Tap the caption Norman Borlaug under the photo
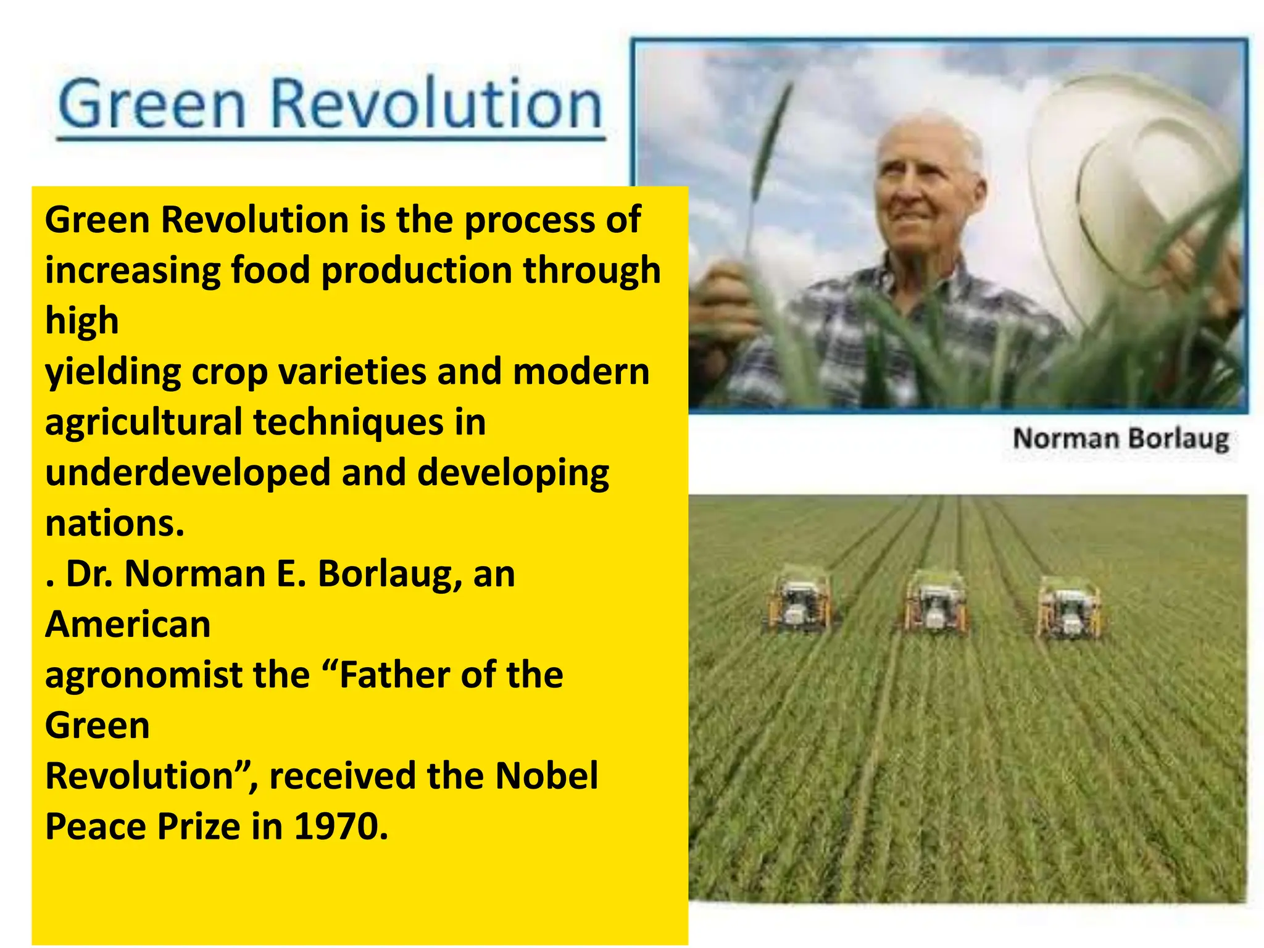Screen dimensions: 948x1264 click(x=1120, y=439)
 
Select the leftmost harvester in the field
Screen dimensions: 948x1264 click(x=799, y=602)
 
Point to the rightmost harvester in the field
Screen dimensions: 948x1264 click(x=1070, y=608)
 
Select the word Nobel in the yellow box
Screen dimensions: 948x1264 click(x=546, y=776)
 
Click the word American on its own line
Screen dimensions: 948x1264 click(x=128, y=624)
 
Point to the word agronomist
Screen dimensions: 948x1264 click(x=143, y=676)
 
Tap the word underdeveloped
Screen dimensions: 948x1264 click(x=188, y=473)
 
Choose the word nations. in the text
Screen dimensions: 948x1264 click(x=114, y=523)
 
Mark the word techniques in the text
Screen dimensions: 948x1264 click(x=348, y=423)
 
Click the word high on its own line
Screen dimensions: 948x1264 click(x=81, y=322)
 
